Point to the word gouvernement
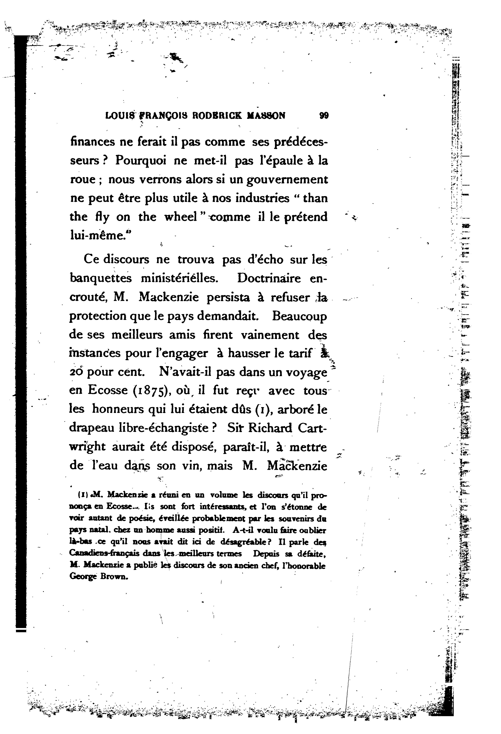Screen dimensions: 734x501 [x=286, y=179]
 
